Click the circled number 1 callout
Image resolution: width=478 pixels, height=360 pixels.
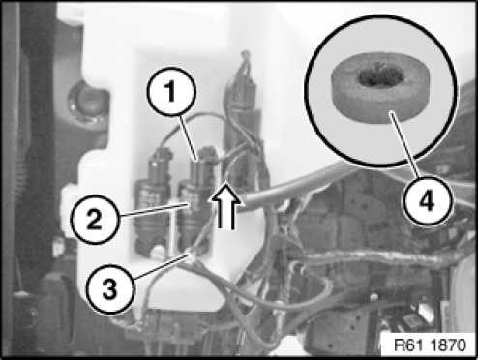coord(171,91)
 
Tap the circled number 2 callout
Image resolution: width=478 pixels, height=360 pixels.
coord(95,220)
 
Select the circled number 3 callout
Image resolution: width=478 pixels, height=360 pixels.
coord(109,289)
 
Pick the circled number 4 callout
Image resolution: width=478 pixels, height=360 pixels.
coord(428,201)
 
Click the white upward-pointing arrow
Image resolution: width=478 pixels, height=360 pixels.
coord(226,206)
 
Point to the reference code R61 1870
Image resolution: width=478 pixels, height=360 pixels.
coord(431,345)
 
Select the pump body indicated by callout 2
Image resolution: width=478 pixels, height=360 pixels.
coord(194,215)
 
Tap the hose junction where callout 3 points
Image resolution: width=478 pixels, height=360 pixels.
coord(191,254)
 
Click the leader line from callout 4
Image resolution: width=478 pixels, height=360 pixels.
coord(404,145)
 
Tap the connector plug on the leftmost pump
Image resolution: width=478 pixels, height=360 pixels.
coord(159,165)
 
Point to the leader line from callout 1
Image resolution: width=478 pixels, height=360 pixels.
coord(189,137)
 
